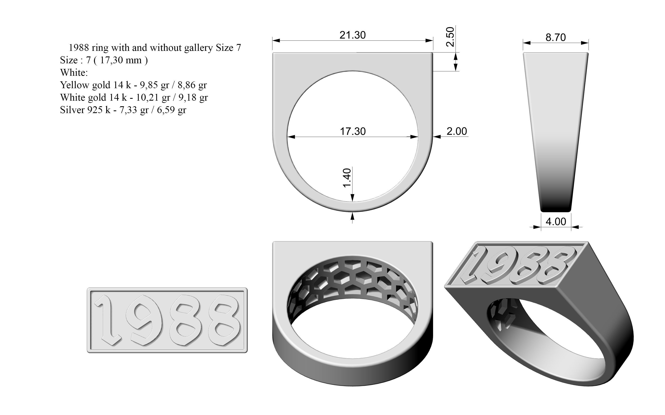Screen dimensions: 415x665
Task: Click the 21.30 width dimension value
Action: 353,35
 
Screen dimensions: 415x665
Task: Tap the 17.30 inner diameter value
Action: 353,132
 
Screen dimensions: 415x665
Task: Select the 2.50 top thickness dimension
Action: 450,37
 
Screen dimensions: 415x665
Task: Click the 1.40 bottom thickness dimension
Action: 347,178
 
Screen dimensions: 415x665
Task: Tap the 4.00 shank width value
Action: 556,221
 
